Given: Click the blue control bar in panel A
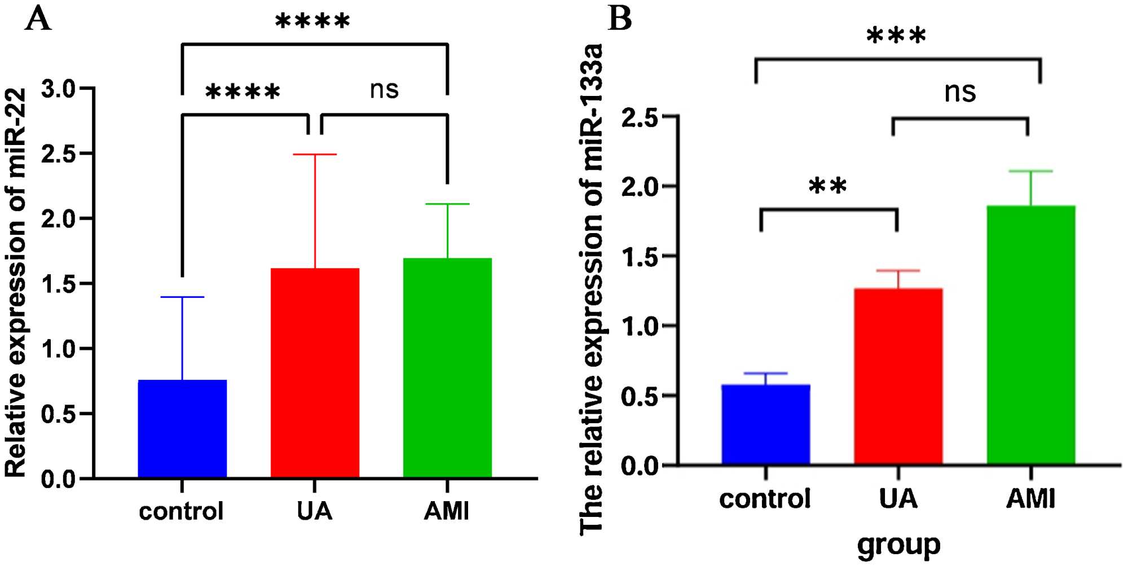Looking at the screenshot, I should [182, 429].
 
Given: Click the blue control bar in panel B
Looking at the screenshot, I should [765, 424].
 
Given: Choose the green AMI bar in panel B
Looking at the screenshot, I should [1030, 335].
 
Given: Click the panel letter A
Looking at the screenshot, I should [38, 20].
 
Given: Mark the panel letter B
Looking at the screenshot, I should [620, 20].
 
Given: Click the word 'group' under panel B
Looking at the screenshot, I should [898, 545].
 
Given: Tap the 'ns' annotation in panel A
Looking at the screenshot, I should [384, 90].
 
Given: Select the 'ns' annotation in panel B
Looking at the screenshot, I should [960, 92].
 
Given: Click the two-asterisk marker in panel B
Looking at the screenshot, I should [827, 186].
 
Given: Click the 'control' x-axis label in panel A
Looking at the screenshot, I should [181, 511].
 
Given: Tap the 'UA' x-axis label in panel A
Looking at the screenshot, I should [314, 511].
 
